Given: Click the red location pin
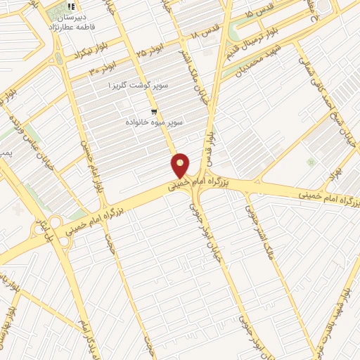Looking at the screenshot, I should (181, 165).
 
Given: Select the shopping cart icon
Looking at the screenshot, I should (154, 111).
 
